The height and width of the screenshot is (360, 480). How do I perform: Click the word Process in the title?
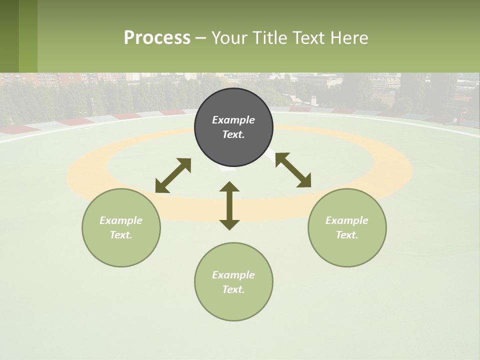pyautogui.click(x=157, y=38)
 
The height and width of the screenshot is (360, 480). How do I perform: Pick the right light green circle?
pyautogui.click(x=347, y=250)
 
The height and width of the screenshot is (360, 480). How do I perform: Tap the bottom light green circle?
pyautogui.click(x=233, y=305)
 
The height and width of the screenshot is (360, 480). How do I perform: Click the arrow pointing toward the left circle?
pyautogui.click(x=173, y=175)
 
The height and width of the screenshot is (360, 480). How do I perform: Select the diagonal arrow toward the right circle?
pyautogui.click(x=293, y=170)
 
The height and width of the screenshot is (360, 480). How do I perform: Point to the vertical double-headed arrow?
pyautogui.click(x=229, y=205)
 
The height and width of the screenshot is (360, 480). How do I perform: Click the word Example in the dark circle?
pyautogui.click(x=233, y=120)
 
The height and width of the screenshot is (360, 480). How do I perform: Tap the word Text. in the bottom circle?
pyautogui.click(x=233, y=289)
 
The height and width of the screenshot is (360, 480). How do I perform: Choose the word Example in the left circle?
pyautogui.click(x=121, y=220)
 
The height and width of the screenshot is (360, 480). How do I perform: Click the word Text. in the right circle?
pyautogui.click(x=347, y=235)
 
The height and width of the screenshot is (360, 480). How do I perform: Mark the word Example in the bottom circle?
pyautogui.click(x=233, y=275)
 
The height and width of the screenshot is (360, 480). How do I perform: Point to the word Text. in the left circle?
pyautogui.click(x=121, y=235)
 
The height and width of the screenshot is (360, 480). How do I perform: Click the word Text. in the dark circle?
pyautogui.click(x=233, y=134)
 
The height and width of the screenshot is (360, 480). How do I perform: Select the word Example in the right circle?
pyautogui.click(x=347, y=220)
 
